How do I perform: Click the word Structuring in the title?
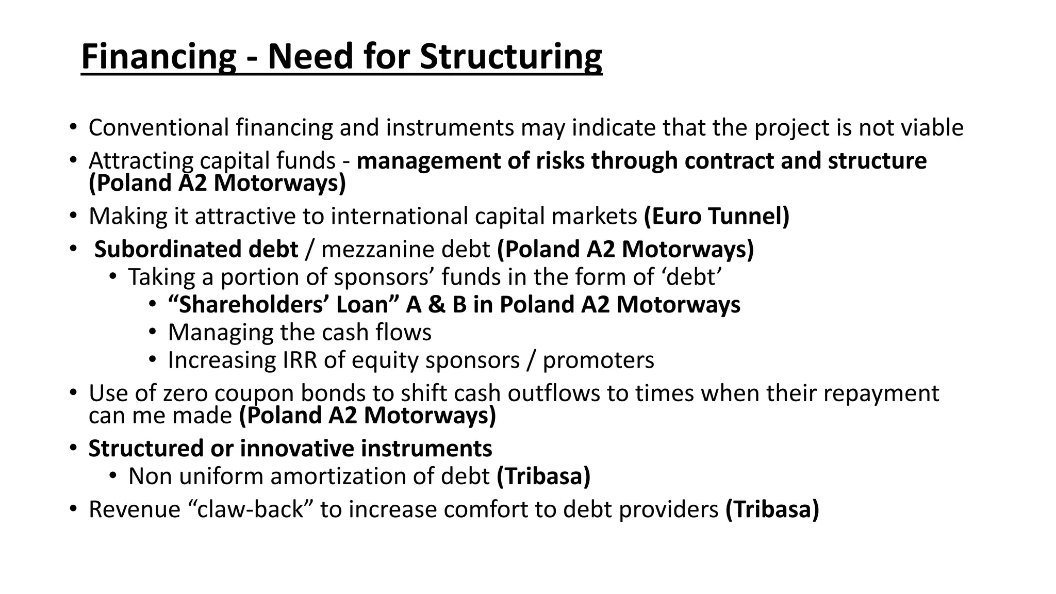coord(510,57)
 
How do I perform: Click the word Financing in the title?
coord(158,57)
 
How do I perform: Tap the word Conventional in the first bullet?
coord(159,128)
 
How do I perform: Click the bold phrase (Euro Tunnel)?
coord(716,216)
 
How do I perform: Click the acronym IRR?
coord(300,360)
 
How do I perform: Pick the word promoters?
coord(598,360)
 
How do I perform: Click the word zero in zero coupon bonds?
coord(185,393)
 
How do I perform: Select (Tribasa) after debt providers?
coord(772,509)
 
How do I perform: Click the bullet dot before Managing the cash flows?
coord(152,332)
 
